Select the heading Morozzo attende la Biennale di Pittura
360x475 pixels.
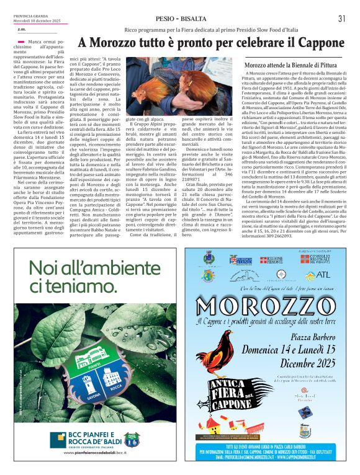click(290, 64)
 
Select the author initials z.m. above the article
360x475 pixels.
click(21, 29)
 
